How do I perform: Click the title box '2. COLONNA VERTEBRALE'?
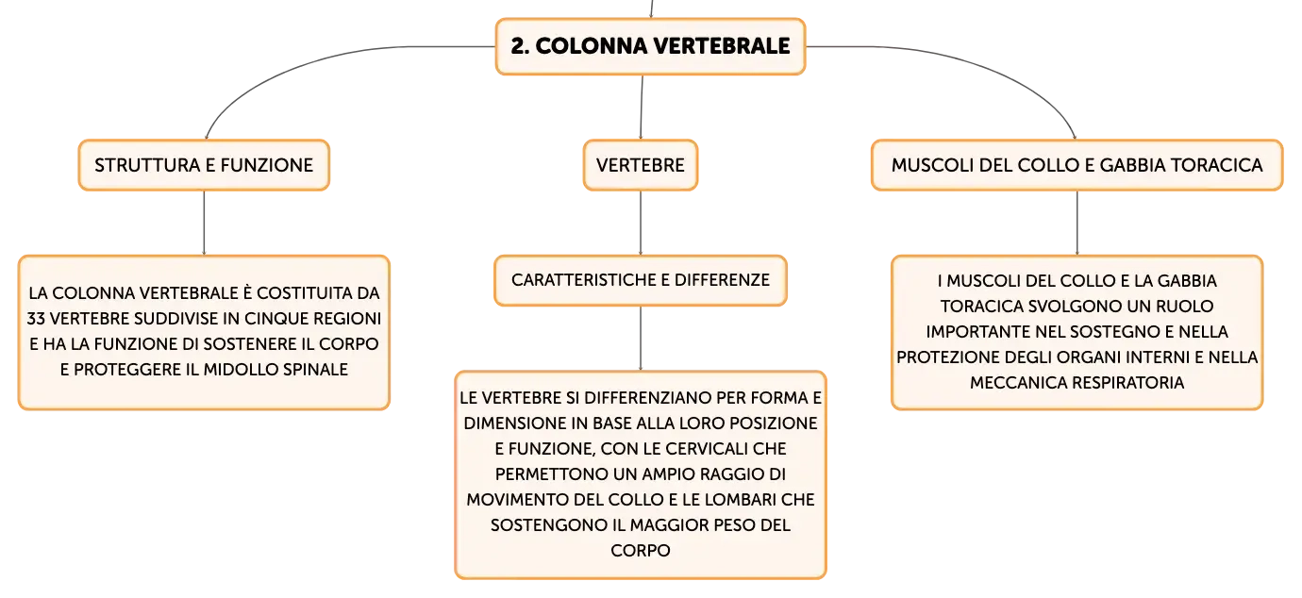click(650, 46)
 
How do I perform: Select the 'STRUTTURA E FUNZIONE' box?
click(204, 165)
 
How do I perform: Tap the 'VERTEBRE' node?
click(641, 165)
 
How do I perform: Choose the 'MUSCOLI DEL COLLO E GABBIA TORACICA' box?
click(1077, 165)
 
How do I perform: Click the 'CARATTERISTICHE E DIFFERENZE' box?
click(641, 280)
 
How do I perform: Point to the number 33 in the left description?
click(36, 319)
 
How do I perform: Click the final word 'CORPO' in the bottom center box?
click(641, 551)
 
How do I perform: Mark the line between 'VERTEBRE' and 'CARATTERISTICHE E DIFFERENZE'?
click(641, 223)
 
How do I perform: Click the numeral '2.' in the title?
click(520, 46)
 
